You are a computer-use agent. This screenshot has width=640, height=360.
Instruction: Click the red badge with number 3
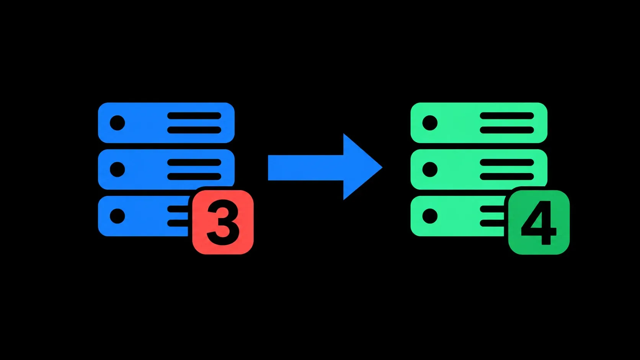[223, 222]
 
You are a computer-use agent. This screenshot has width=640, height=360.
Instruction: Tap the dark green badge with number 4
[539, 222]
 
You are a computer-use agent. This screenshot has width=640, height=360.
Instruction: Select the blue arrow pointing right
[325, 167]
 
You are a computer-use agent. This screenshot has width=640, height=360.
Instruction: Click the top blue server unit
[166, 123]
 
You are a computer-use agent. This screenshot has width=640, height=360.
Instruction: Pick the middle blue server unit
[166, 169]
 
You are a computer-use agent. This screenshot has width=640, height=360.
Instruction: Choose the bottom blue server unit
[143, 216]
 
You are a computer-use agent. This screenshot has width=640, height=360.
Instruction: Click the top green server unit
[479, 123]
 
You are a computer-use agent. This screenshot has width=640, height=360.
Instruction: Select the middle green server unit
[479, 169]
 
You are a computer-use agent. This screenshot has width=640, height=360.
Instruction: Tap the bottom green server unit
[457, 216]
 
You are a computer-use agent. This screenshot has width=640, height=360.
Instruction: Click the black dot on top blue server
[118, 123]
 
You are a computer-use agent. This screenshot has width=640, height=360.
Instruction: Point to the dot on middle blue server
[118, 169]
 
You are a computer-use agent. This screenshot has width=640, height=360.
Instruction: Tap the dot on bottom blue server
[118, 216]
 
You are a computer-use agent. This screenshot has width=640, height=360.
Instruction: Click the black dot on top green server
[430, 123]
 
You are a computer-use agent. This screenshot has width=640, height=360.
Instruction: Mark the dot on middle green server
[430, 169]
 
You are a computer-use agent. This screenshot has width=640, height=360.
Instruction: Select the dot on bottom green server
[430, 216]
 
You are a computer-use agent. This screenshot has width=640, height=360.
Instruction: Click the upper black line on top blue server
[194, 116]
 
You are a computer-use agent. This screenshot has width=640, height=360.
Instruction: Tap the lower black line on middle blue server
[194, 176]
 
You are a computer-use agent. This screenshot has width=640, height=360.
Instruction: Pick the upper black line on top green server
[507, 116]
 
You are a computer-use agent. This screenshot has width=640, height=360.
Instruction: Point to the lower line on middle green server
[507, 176]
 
